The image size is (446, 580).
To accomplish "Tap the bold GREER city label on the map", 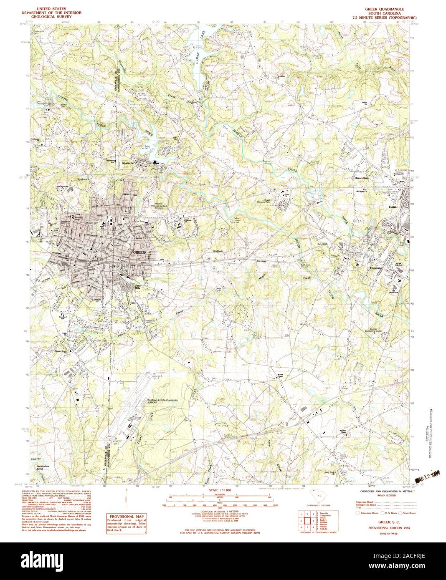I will tap(139, 253).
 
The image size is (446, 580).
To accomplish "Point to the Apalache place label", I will tap(127, 163).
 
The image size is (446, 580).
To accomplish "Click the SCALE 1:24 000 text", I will tap(219, 489).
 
